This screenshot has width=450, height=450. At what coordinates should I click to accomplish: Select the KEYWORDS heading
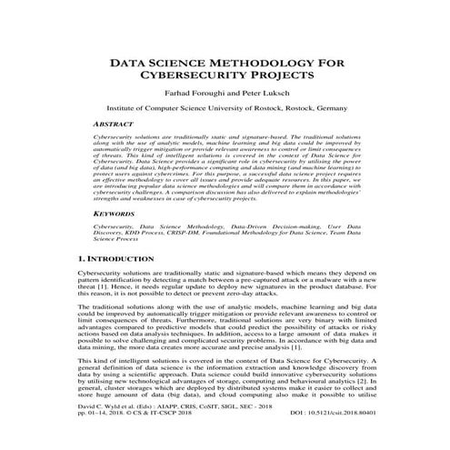pos(123,215)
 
